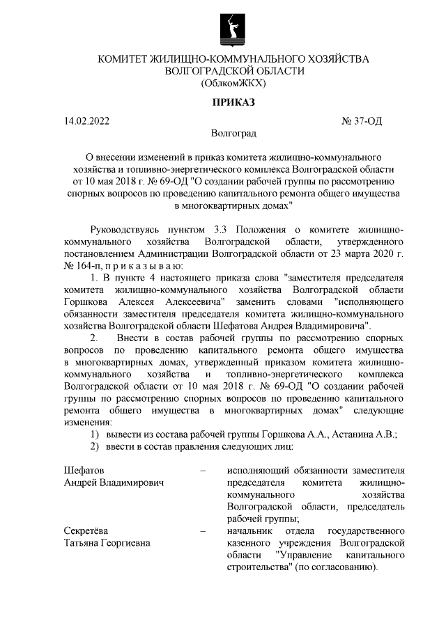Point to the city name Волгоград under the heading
pyautogui.click(x=233, y=132)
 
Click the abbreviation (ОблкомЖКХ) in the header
pyautogui.click(x=233, y=84)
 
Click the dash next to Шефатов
pyautogui.click(x=203, y=471)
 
